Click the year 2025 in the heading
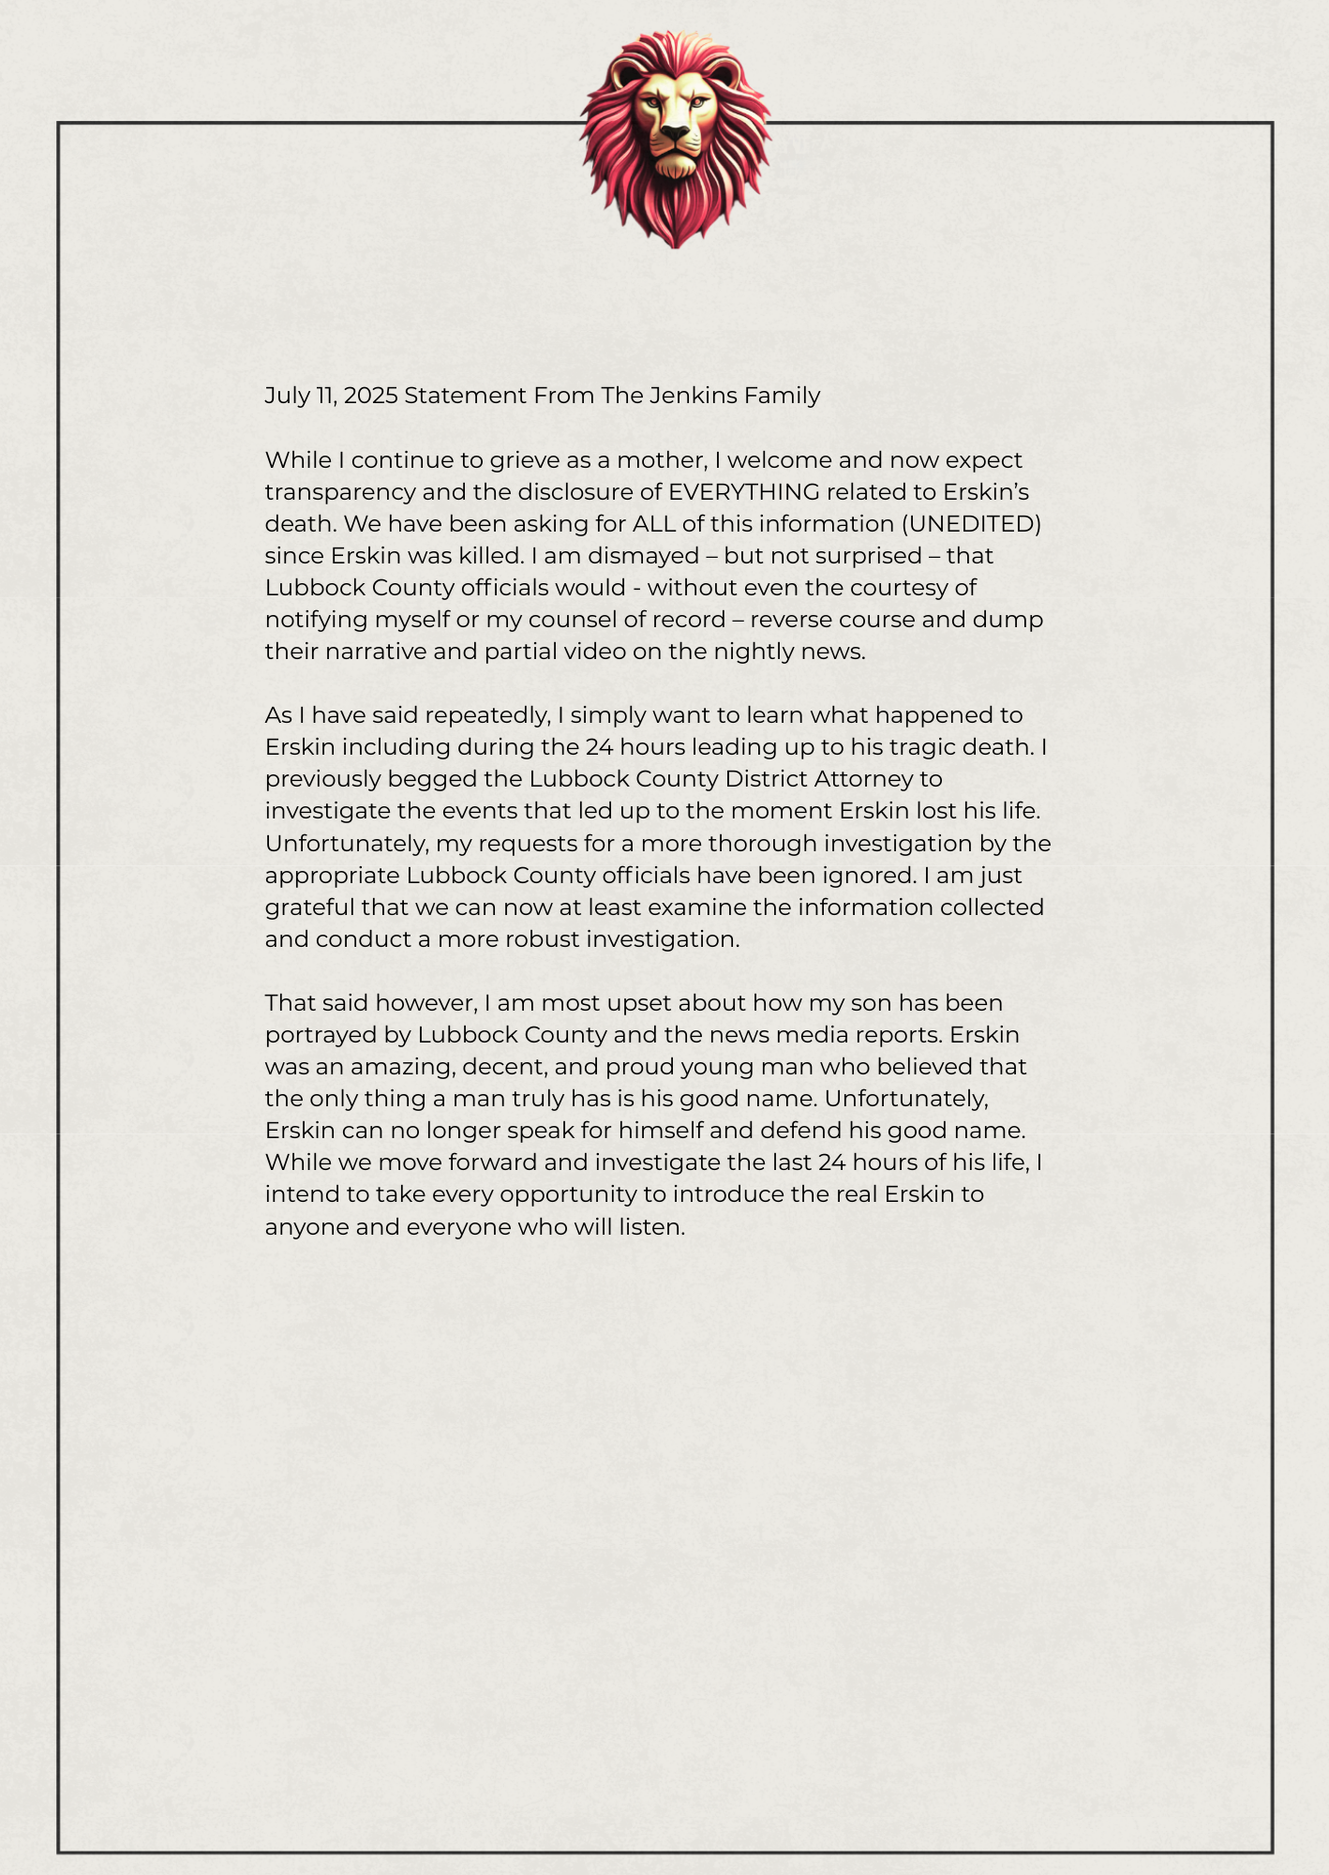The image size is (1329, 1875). click(x=371, y=396)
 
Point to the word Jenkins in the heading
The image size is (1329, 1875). click(x=692, y=396)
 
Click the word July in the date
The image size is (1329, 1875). click(x=287, y=396)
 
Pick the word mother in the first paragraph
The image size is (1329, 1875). click(x=660, y=460)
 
